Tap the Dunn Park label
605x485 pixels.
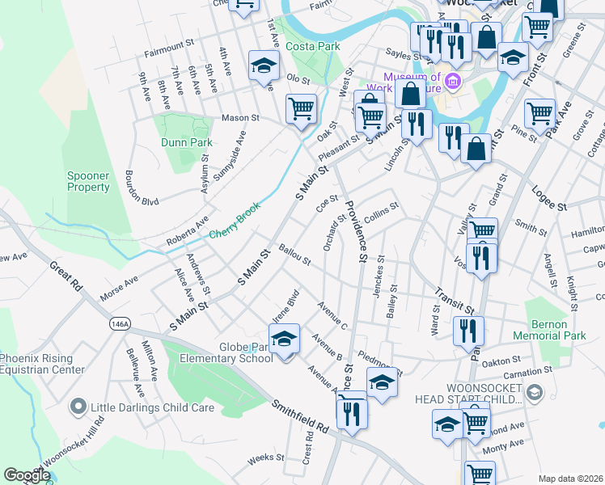tap(187, 142)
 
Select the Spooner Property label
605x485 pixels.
tap(88, 181)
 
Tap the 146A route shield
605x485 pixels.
tap(119, 323)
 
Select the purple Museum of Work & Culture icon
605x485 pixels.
tap(452, 82)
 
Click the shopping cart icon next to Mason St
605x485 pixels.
tap(301, 108)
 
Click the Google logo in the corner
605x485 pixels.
tap(27, 475)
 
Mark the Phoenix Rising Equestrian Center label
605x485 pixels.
tap(42, 364)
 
